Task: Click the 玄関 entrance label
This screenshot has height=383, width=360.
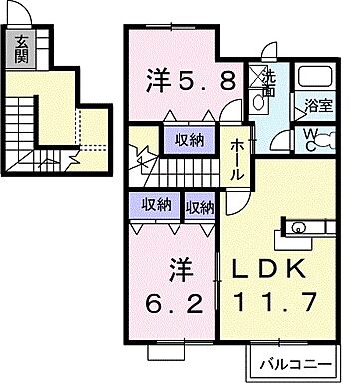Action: coord(22,48)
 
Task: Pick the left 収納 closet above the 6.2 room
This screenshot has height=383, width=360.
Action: coord(156,206)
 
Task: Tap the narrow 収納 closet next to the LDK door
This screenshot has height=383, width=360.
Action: coord(200,207)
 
